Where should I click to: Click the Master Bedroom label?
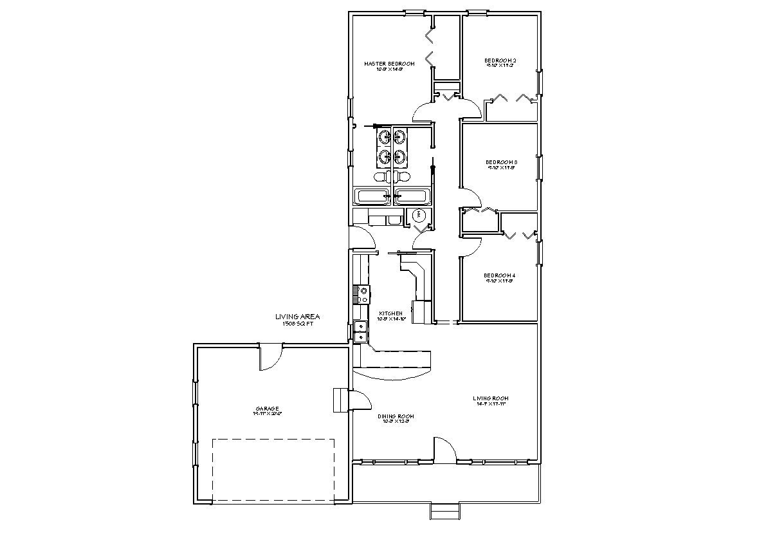tap(388, 64)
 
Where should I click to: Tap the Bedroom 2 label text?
tap(500, 60)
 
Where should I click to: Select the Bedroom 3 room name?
tap(501, 162)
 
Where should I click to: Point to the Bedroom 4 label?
tap(500, 275)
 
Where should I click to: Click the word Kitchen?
tap(390, 313)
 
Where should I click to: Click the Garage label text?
tap(267, 409)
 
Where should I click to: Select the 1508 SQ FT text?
tap(297, 324)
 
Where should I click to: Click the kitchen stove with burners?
tap(360, 294)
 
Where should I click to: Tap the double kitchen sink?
tap(360, 331)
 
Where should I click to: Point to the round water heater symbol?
tap(421, 214)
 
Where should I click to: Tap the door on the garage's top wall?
tap(271, 357)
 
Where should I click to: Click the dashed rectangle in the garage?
tap(273, 470)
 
